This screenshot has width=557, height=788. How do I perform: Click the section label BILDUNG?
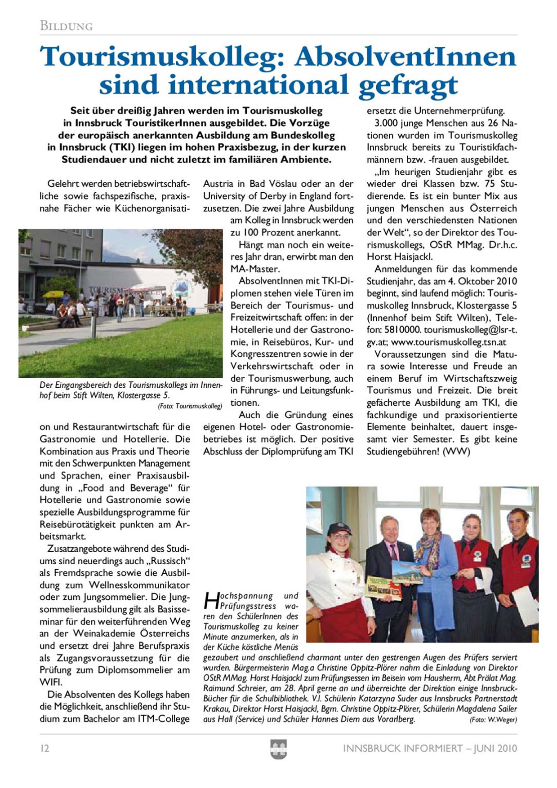coord(66,26)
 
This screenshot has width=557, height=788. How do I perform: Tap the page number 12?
coord(45,748)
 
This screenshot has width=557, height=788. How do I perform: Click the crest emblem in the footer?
coord(278,749)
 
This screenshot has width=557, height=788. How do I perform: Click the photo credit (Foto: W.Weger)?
coord(493,719)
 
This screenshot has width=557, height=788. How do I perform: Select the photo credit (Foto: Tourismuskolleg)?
coord(190,406)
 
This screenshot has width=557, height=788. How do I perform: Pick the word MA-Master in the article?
coord(255,269)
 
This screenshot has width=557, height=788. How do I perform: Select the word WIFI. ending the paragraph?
coord(51,682)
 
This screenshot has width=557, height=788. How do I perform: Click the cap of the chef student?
coord(339,528)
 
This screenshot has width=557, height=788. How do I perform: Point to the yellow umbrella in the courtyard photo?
coord(53,294)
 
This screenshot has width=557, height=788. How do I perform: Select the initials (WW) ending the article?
coord(456,452)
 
